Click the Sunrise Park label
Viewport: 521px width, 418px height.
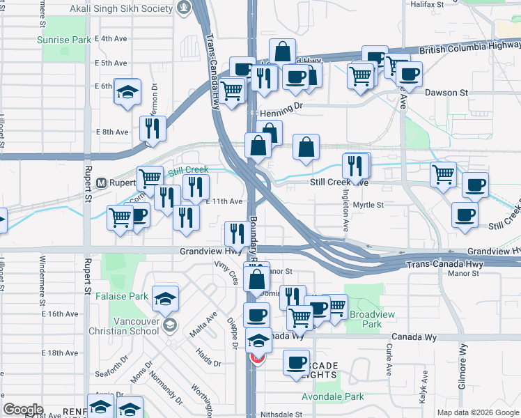click(64, 40)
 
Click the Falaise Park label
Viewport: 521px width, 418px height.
click(129, 296)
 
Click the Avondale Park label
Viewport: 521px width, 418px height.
click(333, 397)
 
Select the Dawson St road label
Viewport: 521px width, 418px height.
click(446, 93)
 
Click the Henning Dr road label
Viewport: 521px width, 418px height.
click(282, 114)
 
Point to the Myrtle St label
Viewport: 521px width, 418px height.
click(368, 205)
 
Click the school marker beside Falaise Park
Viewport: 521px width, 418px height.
click(165, 300)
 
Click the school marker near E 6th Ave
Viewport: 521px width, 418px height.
click(127, 93)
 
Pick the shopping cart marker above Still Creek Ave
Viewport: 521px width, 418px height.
click(444, 174)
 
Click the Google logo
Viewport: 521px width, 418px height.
click(23, 410)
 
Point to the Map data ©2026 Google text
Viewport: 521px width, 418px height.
click(478, 412)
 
